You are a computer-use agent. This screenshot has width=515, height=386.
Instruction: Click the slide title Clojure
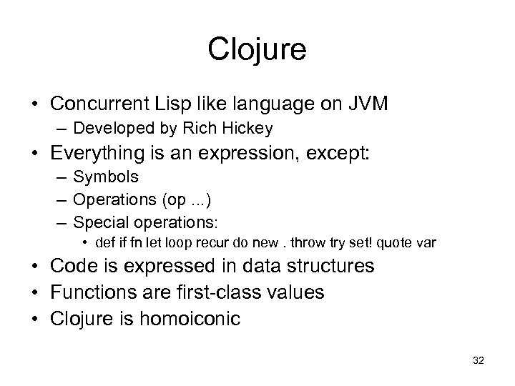[257, 50]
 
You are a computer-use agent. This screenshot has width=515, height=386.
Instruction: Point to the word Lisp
[172, 104]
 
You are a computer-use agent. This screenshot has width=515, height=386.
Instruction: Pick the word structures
[331, 267]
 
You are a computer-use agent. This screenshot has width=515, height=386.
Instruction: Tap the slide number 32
[479, 361]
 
